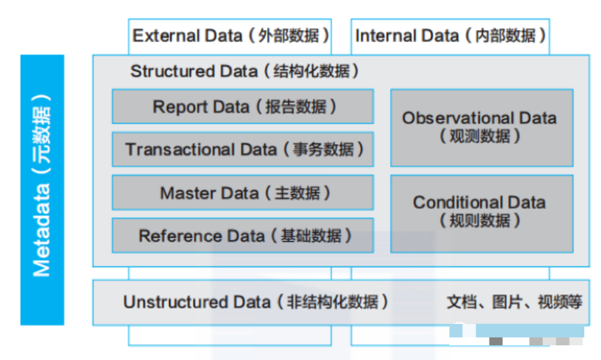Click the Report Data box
[x=243, y=107]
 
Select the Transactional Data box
[x=243, y=150]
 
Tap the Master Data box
[x=243, y=192]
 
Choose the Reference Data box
[x=243, y=235]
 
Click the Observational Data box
[x=481, y=128]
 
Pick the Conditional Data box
[x=481, y=214]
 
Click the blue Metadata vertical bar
[x=42, y=190]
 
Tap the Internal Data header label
[x=451, y=36]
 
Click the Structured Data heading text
[x=244, y=71]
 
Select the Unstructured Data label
[x=256, y=302]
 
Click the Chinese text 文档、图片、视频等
[x=514, y=302]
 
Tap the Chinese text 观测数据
[x=479, y=136]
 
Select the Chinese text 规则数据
[x=479, y=220]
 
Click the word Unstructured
[x=175, y=302]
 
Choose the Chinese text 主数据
[x=297, y=193]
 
